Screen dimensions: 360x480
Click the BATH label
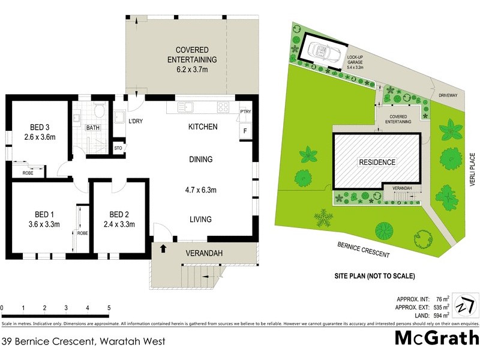pyautogui.click(x=92, y=128)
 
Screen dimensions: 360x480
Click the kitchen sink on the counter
pyautogui.click(x=186, y=107)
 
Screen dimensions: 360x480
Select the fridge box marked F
pyautogui.click(x=245, y=131)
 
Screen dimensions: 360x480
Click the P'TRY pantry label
pyautogui.click(x=245, y=112)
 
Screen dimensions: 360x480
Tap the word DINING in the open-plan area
pyautogui.click(x=200, y=159)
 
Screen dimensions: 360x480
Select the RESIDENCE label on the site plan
pyautogui.click(x=377, y=162)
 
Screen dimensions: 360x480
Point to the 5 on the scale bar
pyautogui.click(x=109, y=308)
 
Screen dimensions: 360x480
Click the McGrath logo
pyautogui.click(x=436, y=338)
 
